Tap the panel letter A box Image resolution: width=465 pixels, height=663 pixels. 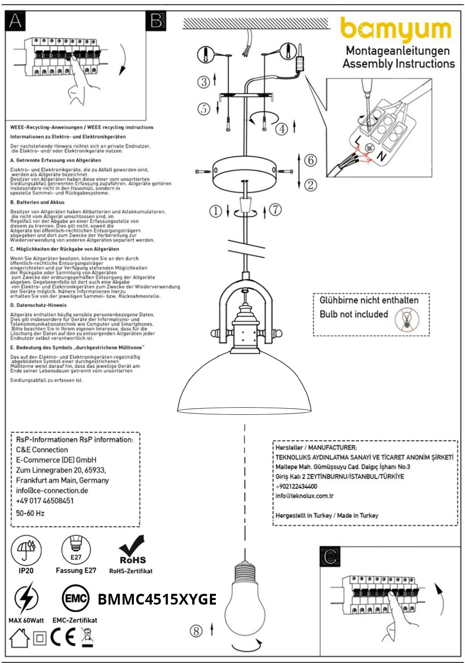click(15, 20)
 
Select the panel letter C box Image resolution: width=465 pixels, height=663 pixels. click(330, 557)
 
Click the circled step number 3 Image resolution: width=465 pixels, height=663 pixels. click(203, 82)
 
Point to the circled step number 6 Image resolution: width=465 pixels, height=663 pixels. click(311, 160)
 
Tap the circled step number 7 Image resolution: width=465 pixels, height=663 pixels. click(276, 210)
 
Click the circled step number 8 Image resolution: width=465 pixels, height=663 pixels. click(196, 631)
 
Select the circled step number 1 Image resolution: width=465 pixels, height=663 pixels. click(215, 211)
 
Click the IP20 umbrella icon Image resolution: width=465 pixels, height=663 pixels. click(26, 550)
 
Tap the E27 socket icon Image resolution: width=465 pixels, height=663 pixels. click(76, 550)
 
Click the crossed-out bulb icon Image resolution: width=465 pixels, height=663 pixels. click(407, 320)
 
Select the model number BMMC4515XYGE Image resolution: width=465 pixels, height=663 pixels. click(157, 600)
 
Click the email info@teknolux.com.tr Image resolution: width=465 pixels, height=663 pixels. click(304, 496)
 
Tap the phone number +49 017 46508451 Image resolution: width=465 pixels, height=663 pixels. click(45, 501)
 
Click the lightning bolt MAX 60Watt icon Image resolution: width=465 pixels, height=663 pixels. click(26, 598)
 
